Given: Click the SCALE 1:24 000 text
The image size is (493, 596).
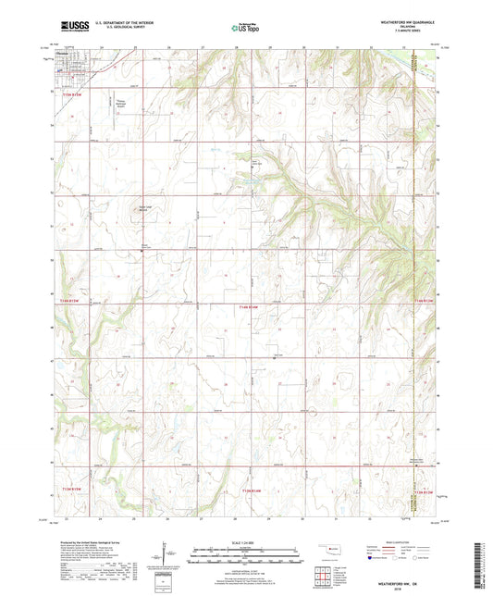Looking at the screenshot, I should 246,542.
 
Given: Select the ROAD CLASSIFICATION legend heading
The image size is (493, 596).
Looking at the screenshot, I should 390,541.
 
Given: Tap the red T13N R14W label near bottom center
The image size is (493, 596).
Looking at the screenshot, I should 251,489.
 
